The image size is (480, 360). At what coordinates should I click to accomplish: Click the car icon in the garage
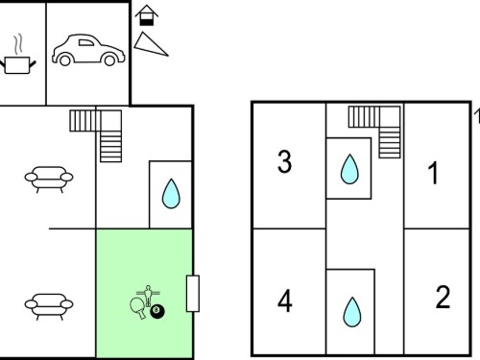tap(88, 50)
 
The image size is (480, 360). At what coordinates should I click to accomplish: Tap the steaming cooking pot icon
tap(17, 55)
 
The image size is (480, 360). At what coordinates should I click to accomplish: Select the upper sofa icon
tap(49, 180)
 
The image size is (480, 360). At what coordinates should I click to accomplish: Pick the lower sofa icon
tap(49, 306)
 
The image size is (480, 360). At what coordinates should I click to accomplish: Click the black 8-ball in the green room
tap(157, 311)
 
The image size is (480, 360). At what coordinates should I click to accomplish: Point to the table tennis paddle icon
tap(138, 307)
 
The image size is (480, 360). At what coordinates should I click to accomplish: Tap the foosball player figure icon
tap(148, 296)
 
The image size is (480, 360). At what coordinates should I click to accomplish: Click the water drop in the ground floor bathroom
tap(171, 194)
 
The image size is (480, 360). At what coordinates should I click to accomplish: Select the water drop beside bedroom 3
tap(349, 169)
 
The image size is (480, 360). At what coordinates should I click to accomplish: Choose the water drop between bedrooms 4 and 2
tap(352, 312)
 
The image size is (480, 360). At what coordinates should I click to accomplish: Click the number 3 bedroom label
tap(284, 161)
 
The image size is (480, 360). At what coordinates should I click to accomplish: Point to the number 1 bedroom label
tap(433, 173)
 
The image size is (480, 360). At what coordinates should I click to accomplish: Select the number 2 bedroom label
tap(443, 297)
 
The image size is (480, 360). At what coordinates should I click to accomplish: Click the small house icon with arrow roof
tap(147, 15)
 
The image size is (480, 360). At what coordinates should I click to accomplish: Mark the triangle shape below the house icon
tap(150, 45)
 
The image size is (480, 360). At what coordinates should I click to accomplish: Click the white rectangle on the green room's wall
tap(193, 293)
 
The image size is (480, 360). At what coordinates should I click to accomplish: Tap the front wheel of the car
tap(65, 60)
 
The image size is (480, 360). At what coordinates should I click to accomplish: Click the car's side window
tap(85, 42)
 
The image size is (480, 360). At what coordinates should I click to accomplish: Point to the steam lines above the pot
tap(18, 44)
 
